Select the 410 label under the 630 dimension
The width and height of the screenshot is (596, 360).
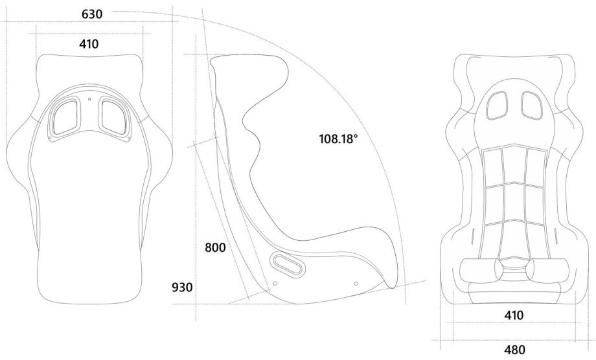click(88, 44)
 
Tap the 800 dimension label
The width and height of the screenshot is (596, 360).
click(215, 248)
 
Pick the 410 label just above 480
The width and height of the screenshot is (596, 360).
click(514, 315)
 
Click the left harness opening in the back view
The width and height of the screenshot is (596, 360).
click(65, 117)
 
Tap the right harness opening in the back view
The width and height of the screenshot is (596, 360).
click(114, 117)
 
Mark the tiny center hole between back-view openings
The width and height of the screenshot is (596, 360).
click(89, 100)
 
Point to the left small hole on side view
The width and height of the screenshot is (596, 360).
click(275, 283)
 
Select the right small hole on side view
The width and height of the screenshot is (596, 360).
click(356, 282)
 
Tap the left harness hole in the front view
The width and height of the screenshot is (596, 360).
click(498, 104)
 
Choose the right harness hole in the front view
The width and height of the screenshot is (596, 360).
click(530, 104)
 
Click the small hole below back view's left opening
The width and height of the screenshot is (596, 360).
click(51, 137)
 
